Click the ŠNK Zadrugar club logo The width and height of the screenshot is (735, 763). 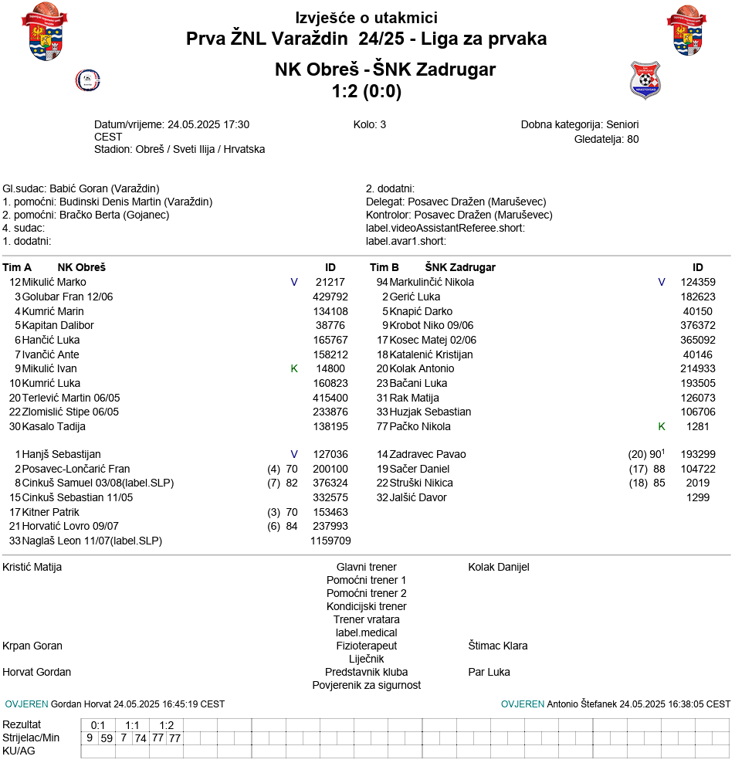pos(645,80)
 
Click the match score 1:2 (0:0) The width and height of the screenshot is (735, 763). pos(367,91)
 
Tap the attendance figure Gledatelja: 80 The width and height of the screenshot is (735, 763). pos(606,139)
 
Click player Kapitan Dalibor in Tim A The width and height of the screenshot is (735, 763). pos(58,325)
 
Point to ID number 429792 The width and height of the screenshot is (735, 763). pos(330,297)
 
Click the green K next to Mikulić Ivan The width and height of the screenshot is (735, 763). pos(294,368)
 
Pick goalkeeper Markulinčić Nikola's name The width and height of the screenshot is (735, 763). pos(432,282)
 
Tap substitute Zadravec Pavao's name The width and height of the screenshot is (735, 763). pos(428,454)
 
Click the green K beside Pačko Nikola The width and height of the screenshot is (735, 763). pos(662,426)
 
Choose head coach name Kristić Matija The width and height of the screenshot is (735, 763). pos(32,567)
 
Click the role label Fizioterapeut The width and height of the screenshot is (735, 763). pos(366,646)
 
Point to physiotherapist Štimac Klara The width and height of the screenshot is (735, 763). pos(498,646)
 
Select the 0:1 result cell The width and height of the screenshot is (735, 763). pos(98,725)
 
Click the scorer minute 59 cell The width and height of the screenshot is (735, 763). pos(107,738)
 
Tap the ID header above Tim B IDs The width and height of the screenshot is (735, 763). pos(698,267)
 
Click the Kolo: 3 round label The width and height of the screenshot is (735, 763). pos(370,124)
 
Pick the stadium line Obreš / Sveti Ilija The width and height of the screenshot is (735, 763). pos(179,149)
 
